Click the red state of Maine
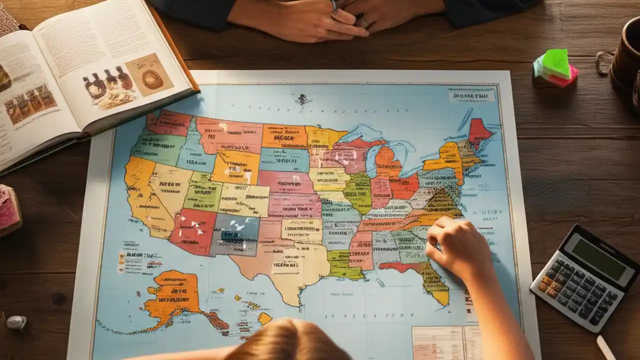478,131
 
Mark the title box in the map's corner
471,95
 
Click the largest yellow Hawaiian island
264,318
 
